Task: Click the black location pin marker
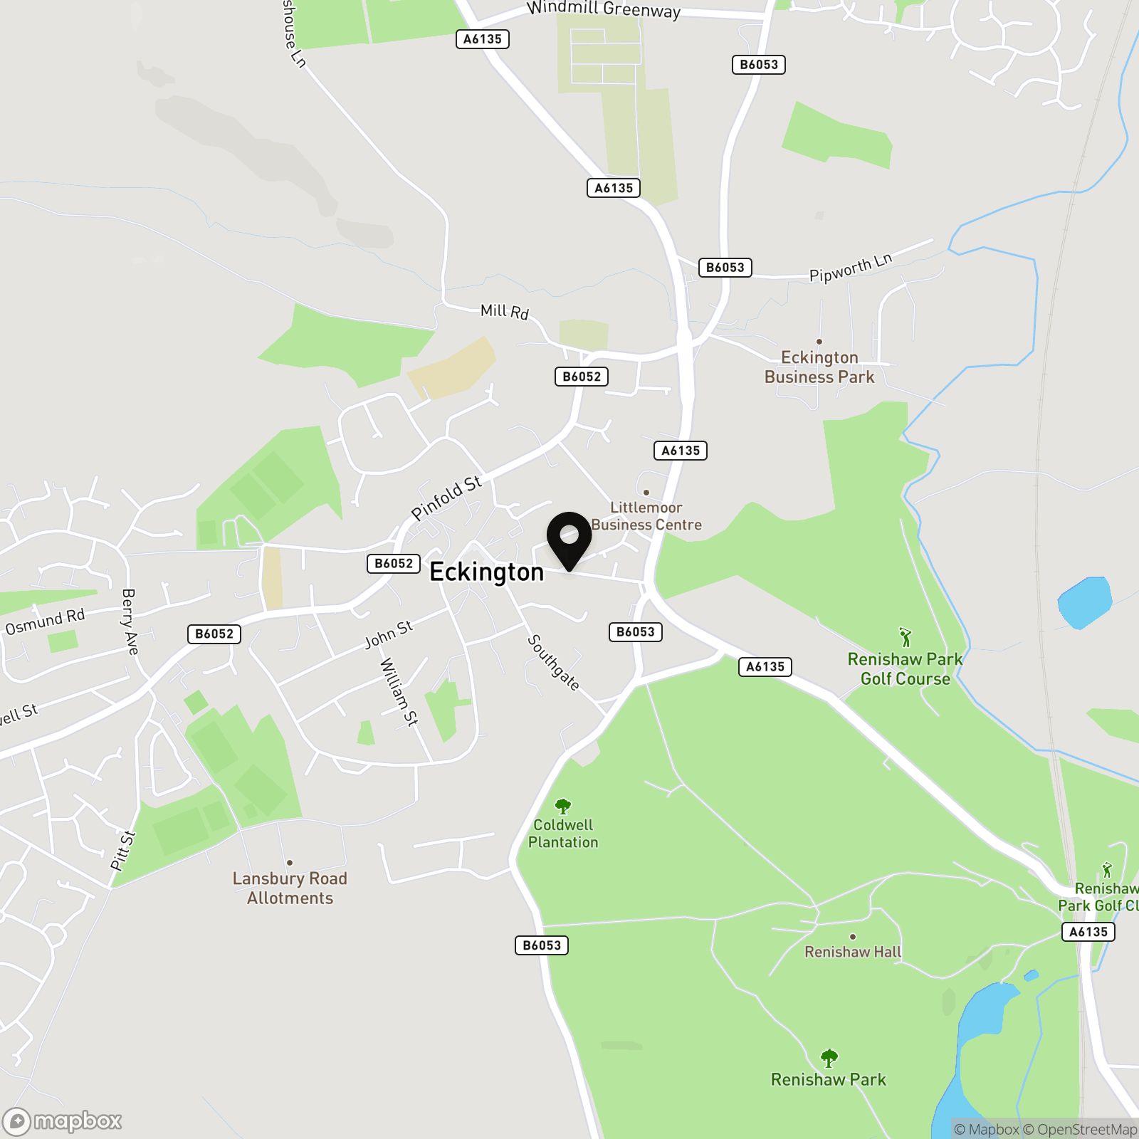point(569,540)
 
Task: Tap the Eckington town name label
point(486,572)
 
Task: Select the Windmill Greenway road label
point(603,9)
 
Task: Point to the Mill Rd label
point(504,311)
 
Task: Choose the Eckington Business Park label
point(819,367)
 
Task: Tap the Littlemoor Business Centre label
point(646,516)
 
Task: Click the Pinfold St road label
point(446,498)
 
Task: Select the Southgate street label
point(553,663)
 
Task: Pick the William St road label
point(399,691)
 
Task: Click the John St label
point(389,634)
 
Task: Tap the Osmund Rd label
point(45,621)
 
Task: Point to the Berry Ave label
point(130,621)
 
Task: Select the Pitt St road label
point(123,850)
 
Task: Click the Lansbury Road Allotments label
point(290,888)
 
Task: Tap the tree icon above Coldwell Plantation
point(563,806)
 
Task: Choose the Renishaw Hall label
point(853,952)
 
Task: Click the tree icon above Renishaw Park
point(829,1059)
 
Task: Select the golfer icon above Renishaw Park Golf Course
point(905,637)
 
